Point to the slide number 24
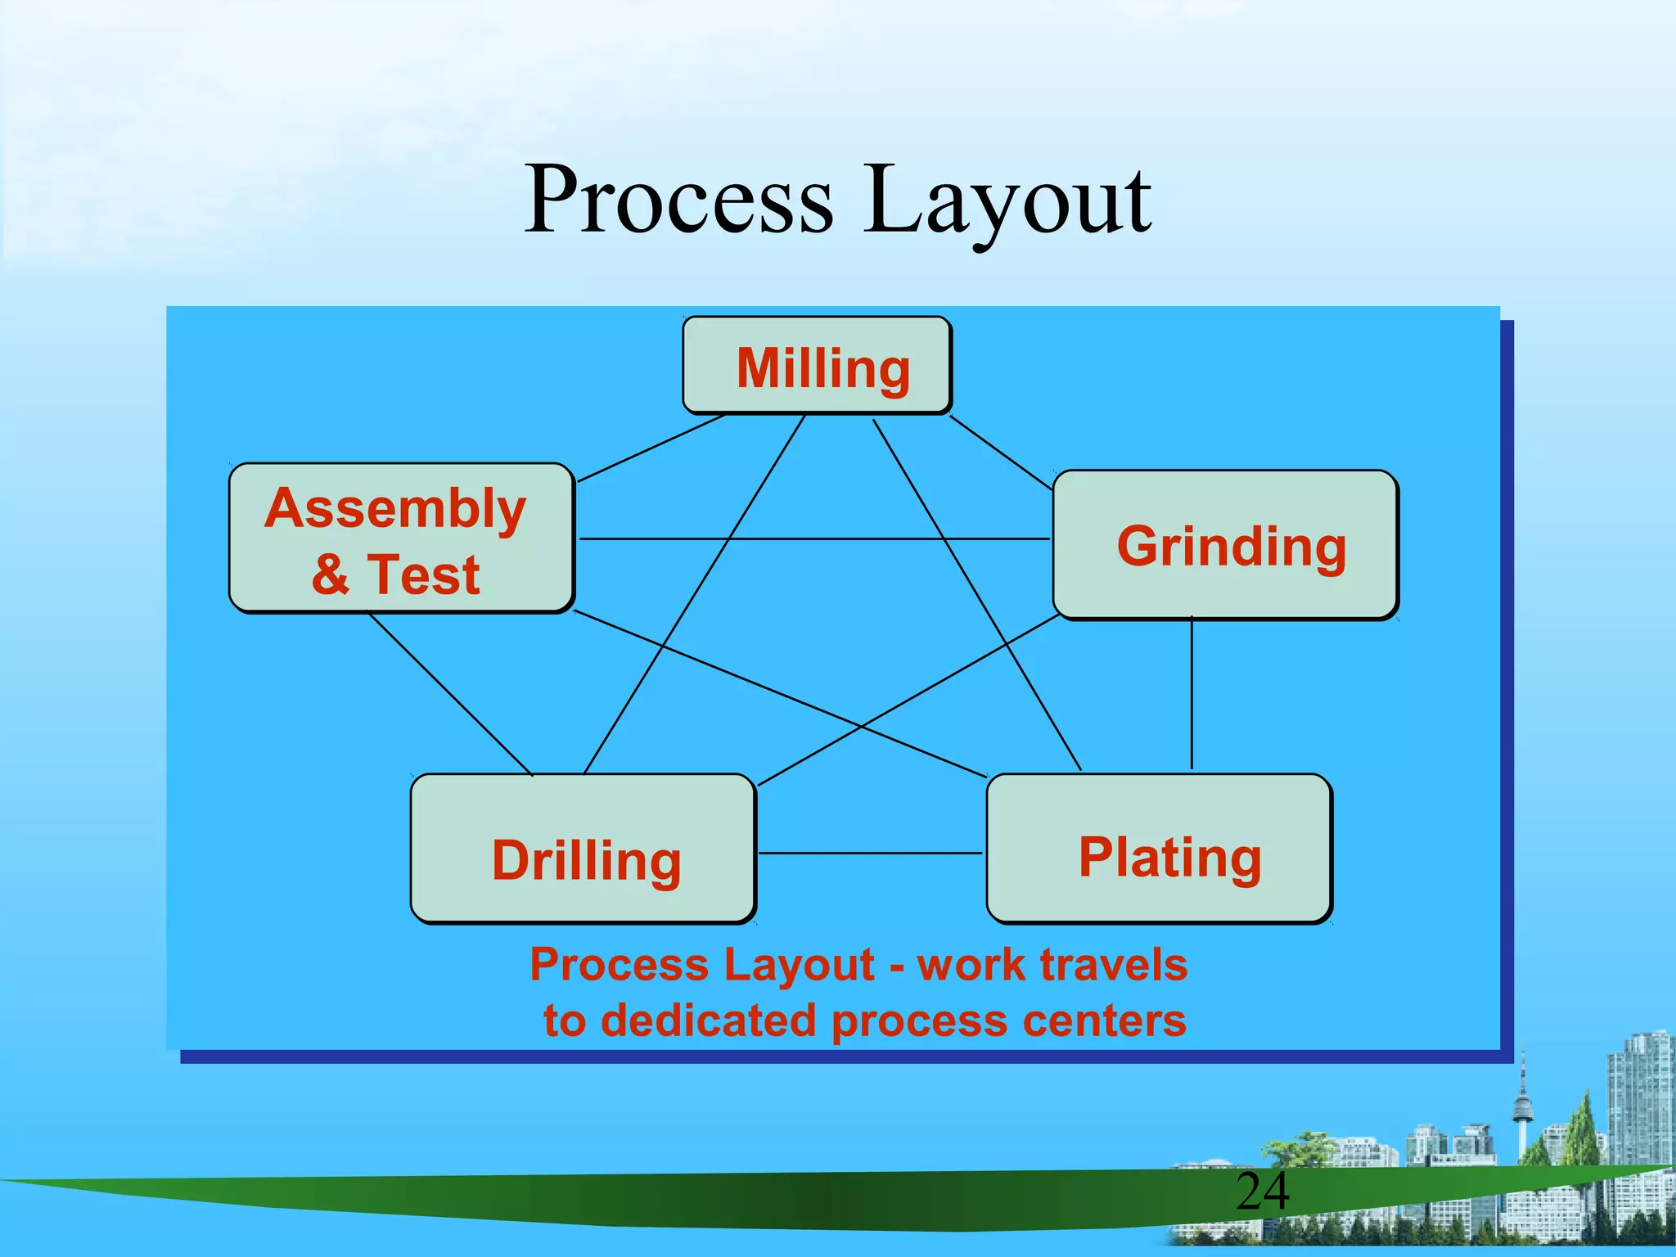point(1262,1192)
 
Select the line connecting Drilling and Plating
point(869,853)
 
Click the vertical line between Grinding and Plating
point(1192,696)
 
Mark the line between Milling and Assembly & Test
point(651,448)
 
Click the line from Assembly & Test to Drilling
point(450,694)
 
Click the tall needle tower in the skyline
point(1522,1105)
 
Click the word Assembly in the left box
point(395,509)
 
